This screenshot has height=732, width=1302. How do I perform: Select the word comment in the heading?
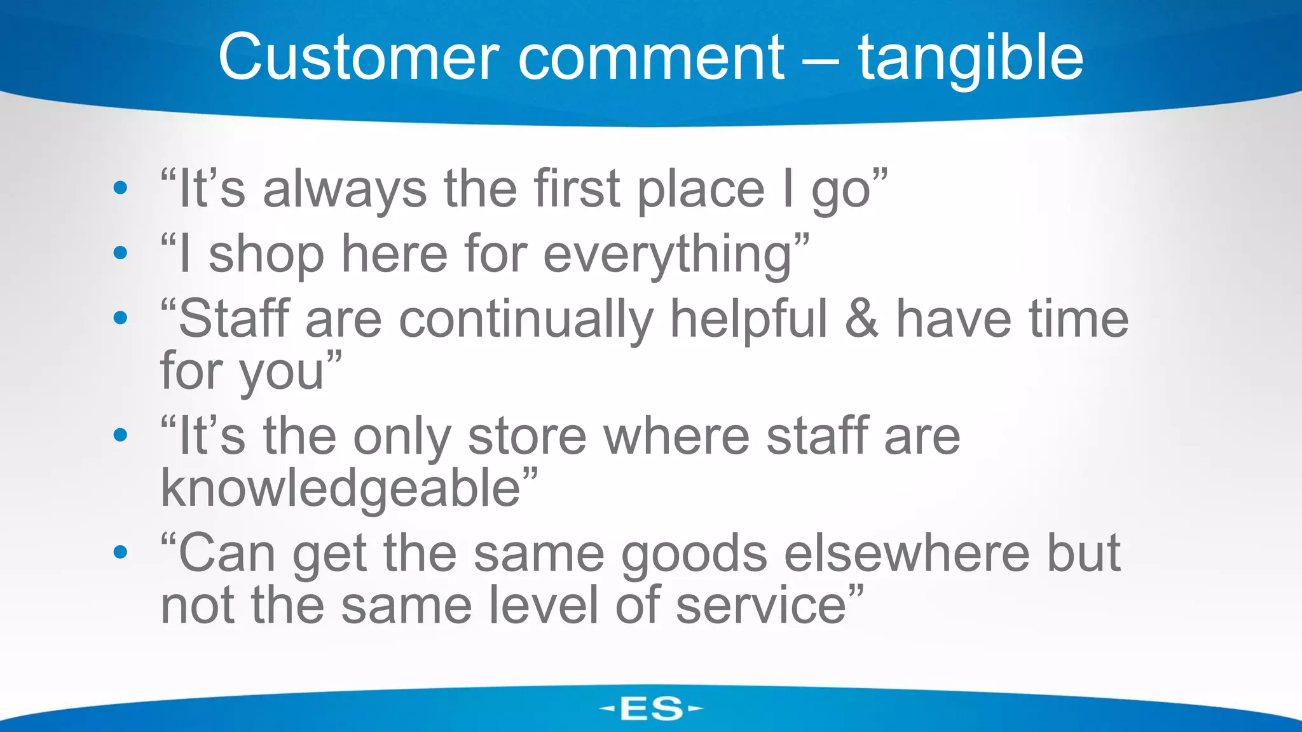(x=652, y=58)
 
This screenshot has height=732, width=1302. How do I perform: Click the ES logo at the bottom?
(x=651, y=708)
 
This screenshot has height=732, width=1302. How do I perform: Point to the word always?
(x=345, y=189)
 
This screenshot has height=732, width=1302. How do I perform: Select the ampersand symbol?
(x=862, y=318)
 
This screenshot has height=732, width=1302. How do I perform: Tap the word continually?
(x=526, y=320)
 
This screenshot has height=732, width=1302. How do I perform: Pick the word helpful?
(x=749, y=318)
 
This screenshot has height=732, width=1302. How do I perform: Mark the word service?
(x=760, y=605)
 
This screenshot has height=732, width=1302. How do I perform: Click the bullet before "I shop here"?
(x=120, y=253)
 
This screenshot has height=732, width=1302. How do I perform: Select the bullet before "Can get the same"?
(x=120, y=552)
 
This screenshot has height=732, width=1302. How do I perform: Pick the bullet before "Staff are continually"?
(x=120, y=317)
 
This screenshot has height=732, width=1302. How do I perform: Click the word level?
(x=543, y=605)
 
